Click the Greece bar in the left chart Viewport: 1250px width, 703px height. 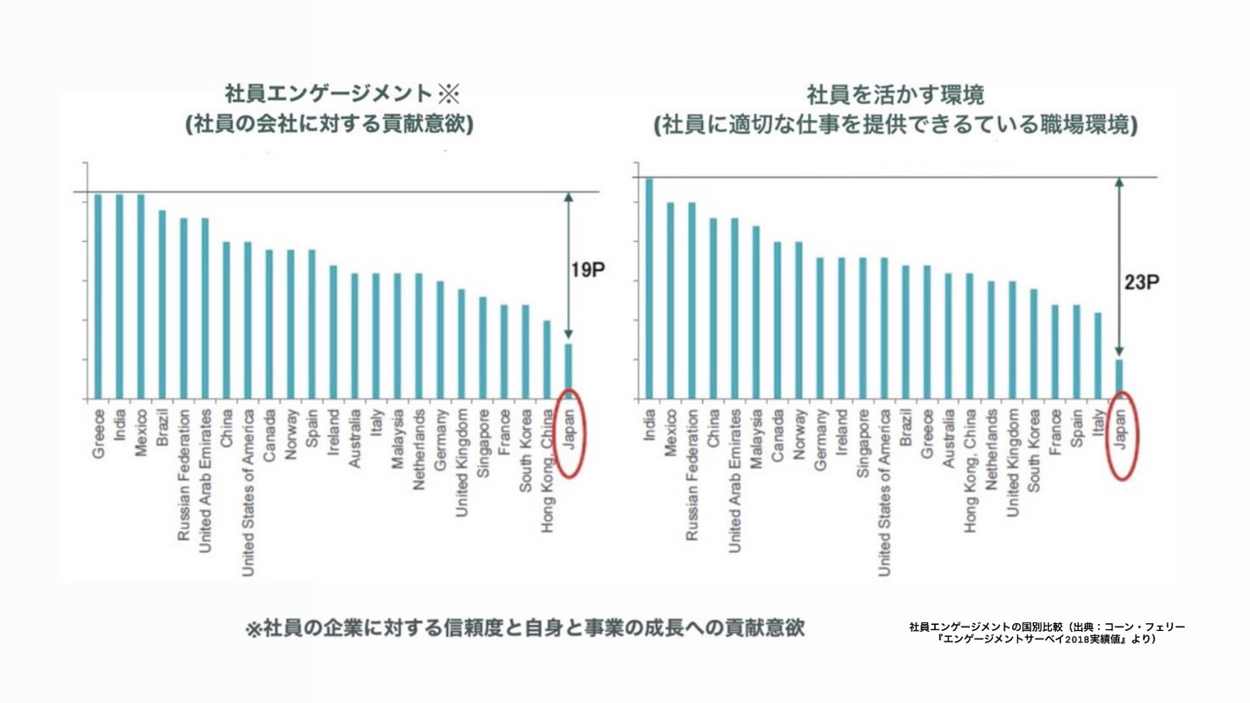(x=98, y=296)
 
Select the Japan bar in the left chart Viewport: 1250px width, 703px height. (x=569, y=371)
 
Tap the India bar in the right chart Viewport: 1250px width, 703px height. (x=649, y=288)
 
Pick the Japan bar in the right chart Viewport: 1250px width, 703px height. (x=1120, y=379)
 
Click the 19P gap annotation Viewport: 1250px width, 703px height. (x=588, y=271)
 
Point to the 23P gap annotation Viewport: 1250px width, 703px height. (x=1141, y=283)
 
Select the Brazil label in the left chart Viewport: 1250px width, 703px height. (x=161, y=428)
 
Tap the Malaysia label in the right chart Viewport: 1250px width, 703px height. (x=756, y=439)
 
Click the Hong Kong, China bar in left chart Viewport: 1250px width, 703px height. (x=547, y=360)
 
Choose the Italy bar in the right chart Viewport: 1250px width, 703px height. (x=1097, y=356)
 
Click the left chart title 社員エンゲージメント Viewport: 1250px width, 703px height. (x=329, y=93)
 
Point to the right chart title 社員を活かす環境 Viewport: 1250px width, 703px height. (x=896, y=95)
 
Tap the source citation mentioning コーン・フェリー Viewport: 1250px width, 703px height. (x=1047, y=634)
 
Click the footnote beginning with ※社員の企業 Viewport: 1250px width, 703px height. (x=525, y=628)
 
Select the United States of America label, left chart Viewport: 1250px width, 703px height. (x=247, y=493)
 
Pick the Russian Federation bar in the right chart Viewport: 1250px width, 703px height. (x=692, y=300)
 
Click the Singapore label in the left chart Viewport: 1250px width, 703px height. (x=484, y=443)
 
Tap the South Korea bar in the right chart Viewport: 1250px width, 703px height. (x=1034, y=345)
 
